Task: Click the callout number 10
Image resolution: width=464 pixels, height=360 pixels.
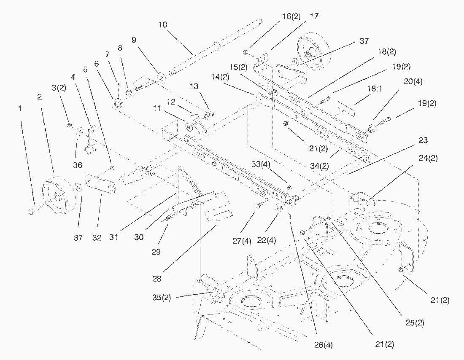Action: tap(163, 25)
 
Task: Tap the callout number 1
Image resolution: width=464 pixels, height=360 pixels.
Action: tap(19, 109)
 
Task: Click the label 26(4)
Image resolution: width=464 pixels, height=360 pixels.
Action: tap(323, 344)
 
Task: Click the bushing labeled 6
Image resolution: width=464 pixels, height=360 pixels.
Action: tap(118, 102)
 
